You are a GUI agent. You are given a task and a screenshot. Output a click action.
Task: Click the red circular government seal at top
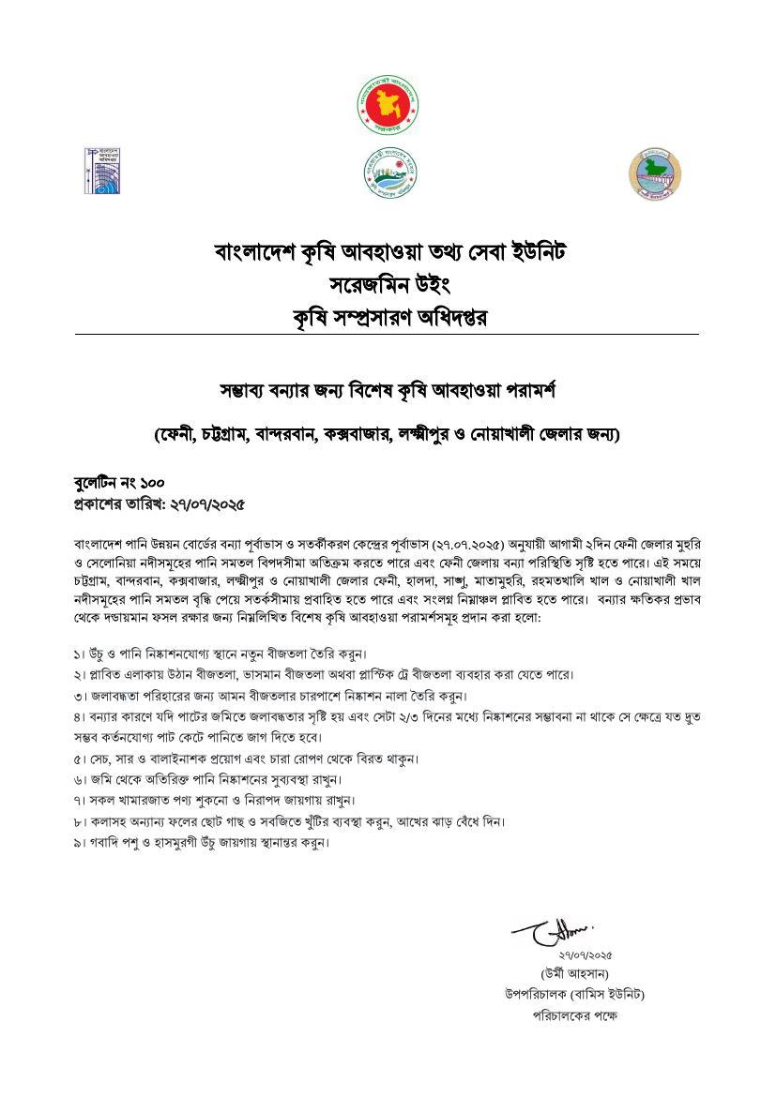(x=388, y=103)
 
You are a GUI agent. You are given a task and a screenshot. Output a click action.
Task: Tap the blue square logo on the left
(x=104, y=171)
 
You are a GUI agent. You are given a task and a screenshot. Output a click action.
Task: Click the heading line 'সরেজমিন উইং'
(x=387, y=284)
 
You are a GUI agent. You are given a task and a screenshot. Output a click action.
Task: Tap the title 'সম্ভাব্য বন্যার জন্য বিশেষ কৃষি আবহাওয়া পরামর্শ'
(x=387, y=387)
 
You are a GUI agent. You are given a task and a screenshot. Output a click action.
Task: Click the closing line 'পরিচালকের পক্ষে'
(x=574, y=1014)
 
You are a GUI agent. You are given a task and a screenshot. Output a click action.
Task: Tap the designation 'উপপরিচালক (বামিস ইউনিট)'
(x=574, y=994)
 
